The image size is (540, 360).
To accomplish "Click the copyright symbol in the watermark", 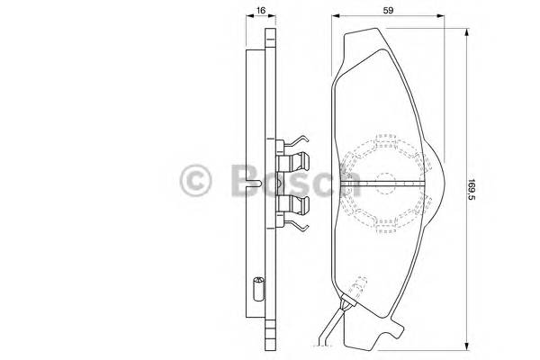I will pyautogui.click(x=196, y=180).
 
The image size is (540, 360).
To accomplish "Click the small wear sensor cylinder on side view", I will pyautogui.click(x=258, y=290).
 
